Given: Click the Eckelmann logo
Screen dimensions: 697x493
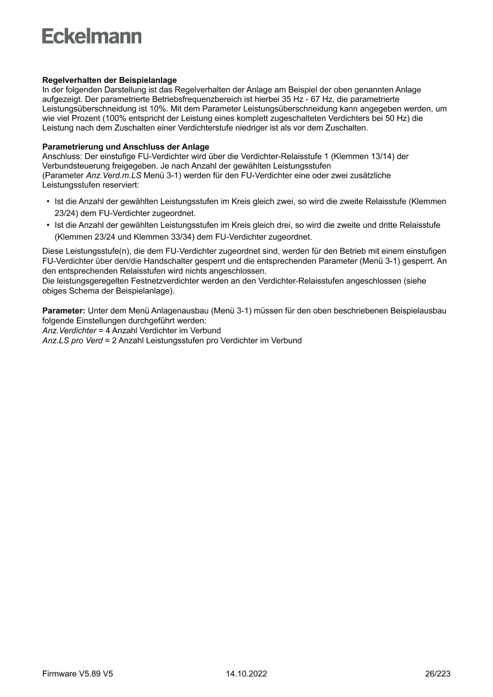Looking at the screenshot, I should pos(92,36).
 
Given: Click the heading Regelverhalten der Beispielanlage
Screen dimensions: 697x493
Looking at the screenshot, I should pos(110,80).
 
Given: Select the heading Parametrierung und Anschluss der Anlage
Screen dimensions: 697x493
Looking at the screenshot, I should pos(126,147).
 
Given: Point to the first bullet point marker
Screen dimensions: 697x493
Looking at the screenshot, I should pos(48,202).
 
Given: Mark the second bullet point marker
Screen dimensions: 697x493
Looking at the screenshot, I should pos(48,226).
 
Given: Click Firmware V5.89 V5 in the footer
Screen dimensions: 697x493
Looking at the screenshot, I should pos(77,674).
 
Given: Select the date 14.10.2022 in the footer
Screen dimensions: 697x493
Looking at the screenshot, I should pos(246,674).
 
